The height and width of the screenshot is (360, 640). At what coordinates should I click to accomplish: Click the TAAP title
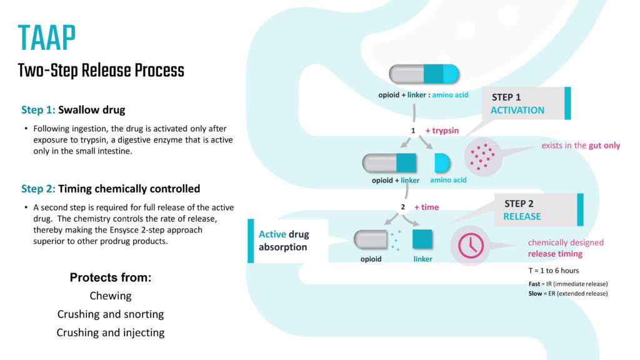(x=47, y=38)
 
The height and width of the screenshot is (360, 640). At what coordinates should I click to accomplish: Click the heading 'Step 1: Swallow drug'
(x=73, y=110)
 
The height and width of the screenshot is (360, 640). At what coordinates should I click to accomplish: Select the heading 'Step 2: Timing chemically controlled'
(x=111, y=189)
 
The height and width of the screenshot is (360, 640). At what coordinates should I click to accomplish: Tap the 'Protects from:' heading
(x=110, y=277)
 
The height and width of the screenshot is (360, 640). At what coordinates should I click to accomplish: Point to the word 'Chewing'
(x=111, y=296)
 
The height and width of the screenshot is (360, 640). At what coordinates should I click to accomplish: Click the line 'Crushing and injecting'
(x=111, y=332)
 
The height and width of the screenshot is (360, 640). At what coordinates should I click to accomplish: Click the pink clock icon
(x=471, y=246)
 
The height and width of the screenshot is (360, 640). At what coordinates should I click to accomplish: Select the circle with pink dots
(x=482, y=157)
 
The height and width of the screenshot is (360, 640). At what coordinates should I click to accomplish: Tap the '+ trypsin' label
(x=442, y=131)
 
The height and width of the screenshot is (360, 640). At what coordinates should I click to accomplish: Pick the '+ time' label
(x=426, y=207)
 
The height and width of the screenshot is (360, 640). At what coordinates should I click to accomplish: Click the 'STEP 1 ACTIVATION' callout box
(x=526, y=103)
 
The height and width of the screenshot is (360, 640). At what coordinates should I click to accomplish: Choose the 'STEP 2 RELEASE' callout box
(x=539, y=210)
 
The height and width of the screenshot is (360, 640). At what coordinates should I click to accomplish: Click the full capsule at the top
(x=424, y=74)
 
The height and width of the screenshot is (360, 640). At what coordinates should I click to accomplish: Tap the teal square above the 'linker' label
(x=422, y=239)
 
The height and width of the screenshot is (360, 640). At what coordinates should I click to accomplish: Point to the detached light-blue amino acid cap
(x=442, y=163)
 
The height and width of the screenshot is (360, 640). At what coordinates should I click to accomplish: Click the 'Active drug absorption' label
(x=284, y=241)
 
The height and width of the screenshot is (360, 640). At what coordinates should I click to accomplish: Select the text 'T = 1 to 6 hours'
(x=554, y=271)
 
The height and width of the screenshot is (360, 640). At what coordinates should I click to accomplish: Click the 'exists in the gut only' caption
(x=581, y=146)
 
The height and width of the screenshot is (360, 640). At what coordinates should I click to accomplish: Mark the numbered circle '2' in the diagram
(x=403, y=207)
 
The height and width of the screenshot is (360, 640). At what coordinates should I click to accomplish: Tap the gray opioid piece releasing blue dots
(x=371, y=239)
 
